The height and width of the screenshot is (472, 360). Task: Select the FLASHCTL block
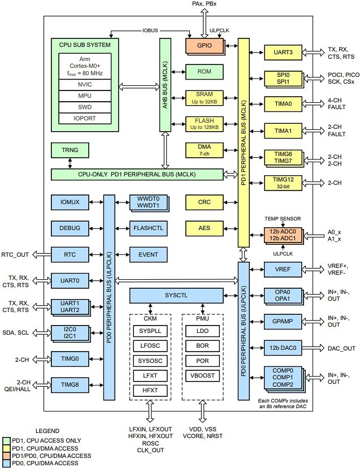(x=148, y=228)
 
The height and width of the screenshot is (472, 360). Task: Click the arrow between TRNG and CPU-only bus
(x=70, y=163)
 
